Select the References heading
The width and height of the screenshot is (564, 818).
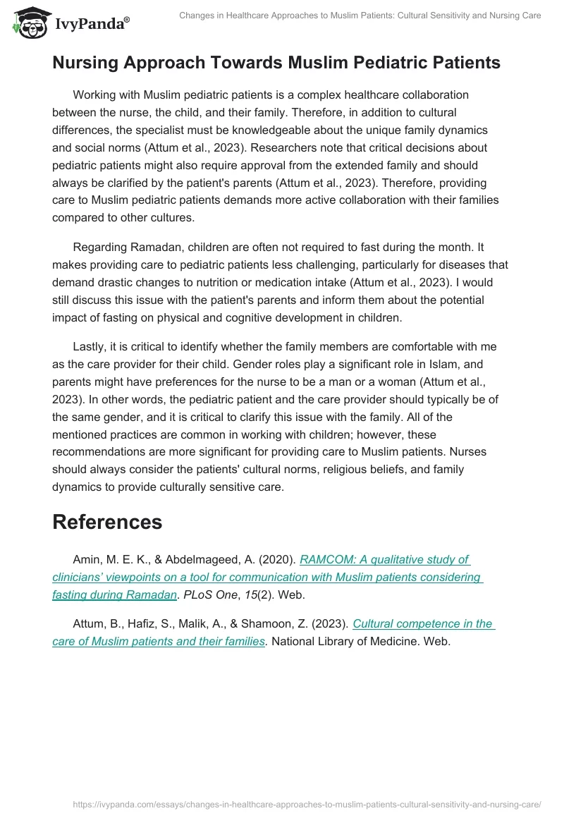click(107, 522)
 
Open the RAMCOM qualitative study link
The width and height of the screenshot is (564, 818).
click(384, 559)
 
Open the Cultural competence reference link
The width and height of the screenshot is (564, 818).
click(423, 623)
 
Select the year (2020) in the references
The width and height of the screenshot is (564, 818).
click(277, 560)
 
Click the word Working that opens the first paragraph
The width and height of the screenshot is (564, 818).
click(97, 94)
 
